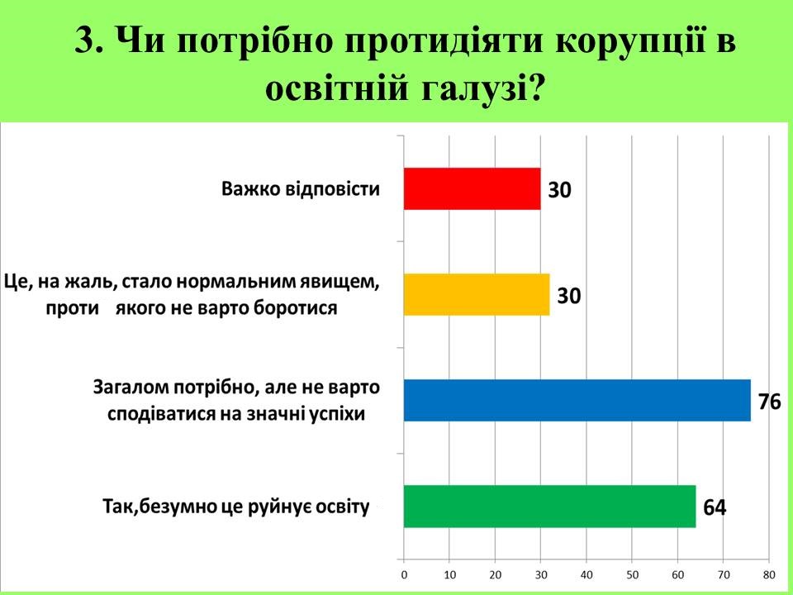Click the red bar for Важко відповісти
472,188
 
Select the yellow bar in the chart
477,294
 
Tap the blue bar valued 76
577,400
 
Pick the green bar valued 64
550,506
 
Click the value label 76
770,402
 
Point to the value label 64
715,507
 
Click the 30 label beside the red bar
559,190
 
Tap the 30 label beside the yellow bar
569,296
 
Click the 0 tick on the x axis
404,575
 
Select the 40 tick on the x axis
586,575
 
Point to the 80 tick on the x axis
769,575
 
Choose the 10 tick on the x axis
449,575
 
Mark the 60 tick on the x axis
677,575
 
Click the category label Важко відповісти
301,189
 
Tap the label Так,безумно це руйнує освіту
237,507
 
